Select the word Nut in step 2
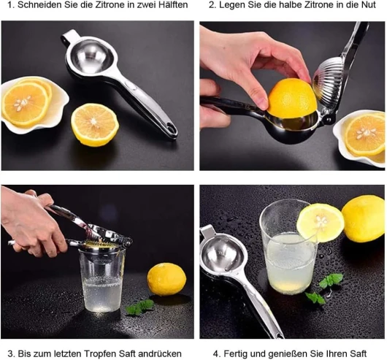click(368, 5)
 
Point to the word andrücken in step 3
click(160, 354)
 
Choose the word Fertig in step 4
click(235, 354)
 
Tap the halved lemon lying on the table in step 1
click(95, 125)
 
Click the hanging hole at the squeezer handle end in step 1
click(170, 127)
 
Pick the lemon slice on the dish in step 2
click(365, 134)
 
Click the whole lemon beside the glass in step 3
click(166, 279)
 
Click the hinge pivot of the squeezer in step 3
click(128, 242)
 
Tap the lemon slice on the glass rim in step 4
click(320, 223)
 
